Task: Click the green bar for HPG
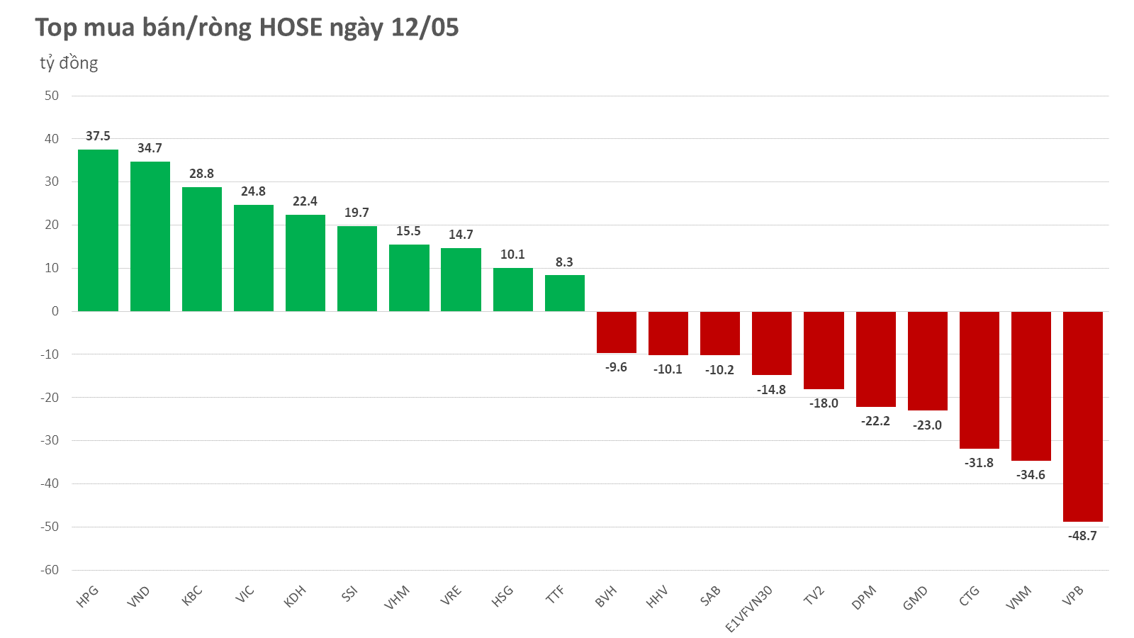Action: pyautogui.click(x=98, y=230)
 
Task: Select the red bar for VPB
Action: pyautogui.click(x=1082, y=416)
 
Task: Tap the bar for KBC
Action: pyautogui.click(x=201, y=249)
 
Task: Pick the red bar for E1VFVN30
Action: pyautogui.click(x=771, y=343)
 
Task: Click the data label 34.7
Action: pyautogui.click(x=150, y=148)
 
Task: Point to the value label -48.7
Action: pyautogui.click(x=1082, y=536)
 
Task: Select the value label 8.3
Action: pyautogui.click(x=564, y=262)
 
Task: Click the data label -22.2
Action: pyautogui.click(x=875, y=421)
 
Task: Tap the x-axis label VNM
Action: pyautogui.click(x=1018, y=598)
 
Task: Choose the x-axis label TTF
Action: pyautogui.click(x=555, y=594)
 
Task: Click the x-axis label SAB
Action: pyautogui.click(x=710, y=595)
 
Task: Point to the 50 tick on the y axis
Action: pyautogui.click(x=52, y=96)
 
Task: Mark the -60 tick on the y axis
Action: pyautogui.click(x=49, y=570)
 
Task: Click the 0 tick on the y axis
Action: pyautogui.click(x=55, y=311)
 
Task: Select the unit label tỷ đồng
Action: pyautogui.click(x=69, y=63)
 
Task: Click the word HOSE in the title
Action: pyautogui.click(x=291, y=28)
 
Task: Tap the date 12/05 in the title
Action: pyautogui.click(x=425, y=28)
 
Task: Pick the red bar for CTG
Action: pyautogui.click(x=979, y=380)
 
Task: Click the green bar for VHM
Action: pyautogui.click(x=409, y=278)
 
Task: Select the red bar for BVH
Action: pyautogui.click(x=616, y=332)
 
